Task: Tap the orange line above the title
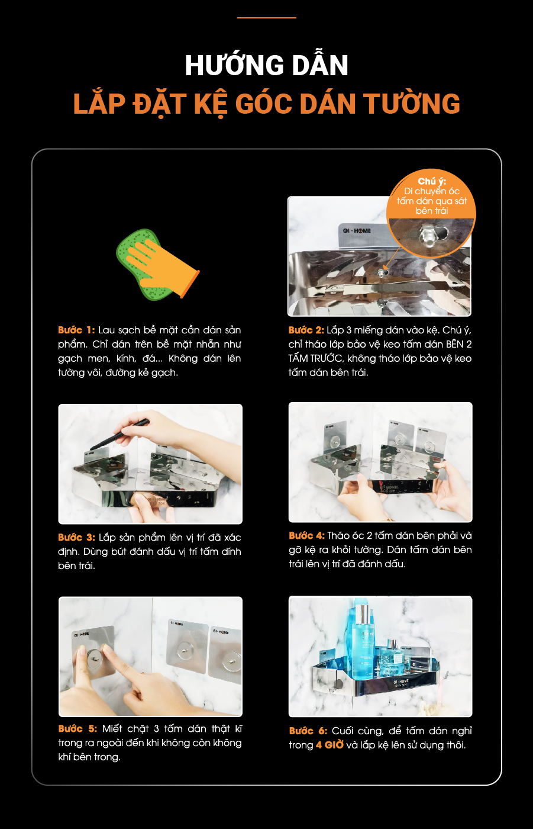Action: pyautogui.click(x=266, y=17)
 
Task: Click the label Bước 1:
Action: pyautogui.click(x=76, y=330)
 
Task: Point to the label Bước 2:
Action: pyautogui.click(x=306, y=330)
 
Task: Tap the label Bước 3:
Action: pyautogui.click(x=76, y=537)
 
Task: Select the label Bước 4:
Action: pyautogui.click(x=307, y=535)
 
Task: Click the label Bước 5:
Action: pyautogui.click(x=77, y=728)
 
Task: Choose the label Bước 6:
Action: pyautogui.click(x=308, y=731)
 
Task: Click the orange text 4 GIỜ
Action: pyautogui.click(x=330, y=745)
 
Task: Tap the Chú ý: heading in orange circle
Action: pyautogui.click(x=432, y=181)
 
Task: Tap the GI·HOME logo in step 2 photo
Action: pyautogui.click(x=357, y=230)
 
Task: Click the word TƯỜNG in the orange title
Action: pyautogui.click(x=412, y=104)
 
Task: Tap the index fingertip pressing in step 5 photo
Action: pyautogui.click(x=107, y=648)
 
